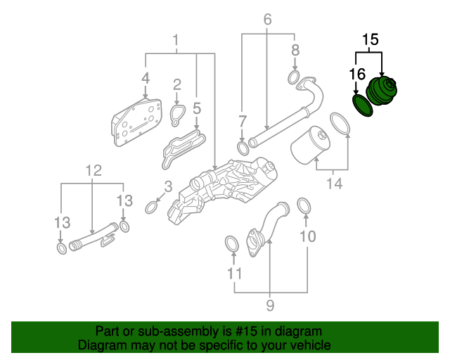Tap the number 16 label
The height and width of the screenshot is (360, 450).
[x=357, y=73]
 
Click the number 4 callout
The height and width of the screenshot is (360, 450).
[x=146, y=78]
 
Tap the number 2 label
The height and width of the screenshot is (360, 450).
[x=177, y=84]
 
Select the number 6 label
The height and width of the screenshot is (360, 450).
[x=267, y=20]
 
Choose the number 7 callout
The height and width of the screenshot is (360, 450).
[x=243, y=121]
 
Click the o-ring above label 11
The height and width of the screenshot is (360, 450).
[x=231, y=244]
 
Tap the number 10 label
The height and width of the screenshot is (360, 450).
[x=308, y=236]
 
